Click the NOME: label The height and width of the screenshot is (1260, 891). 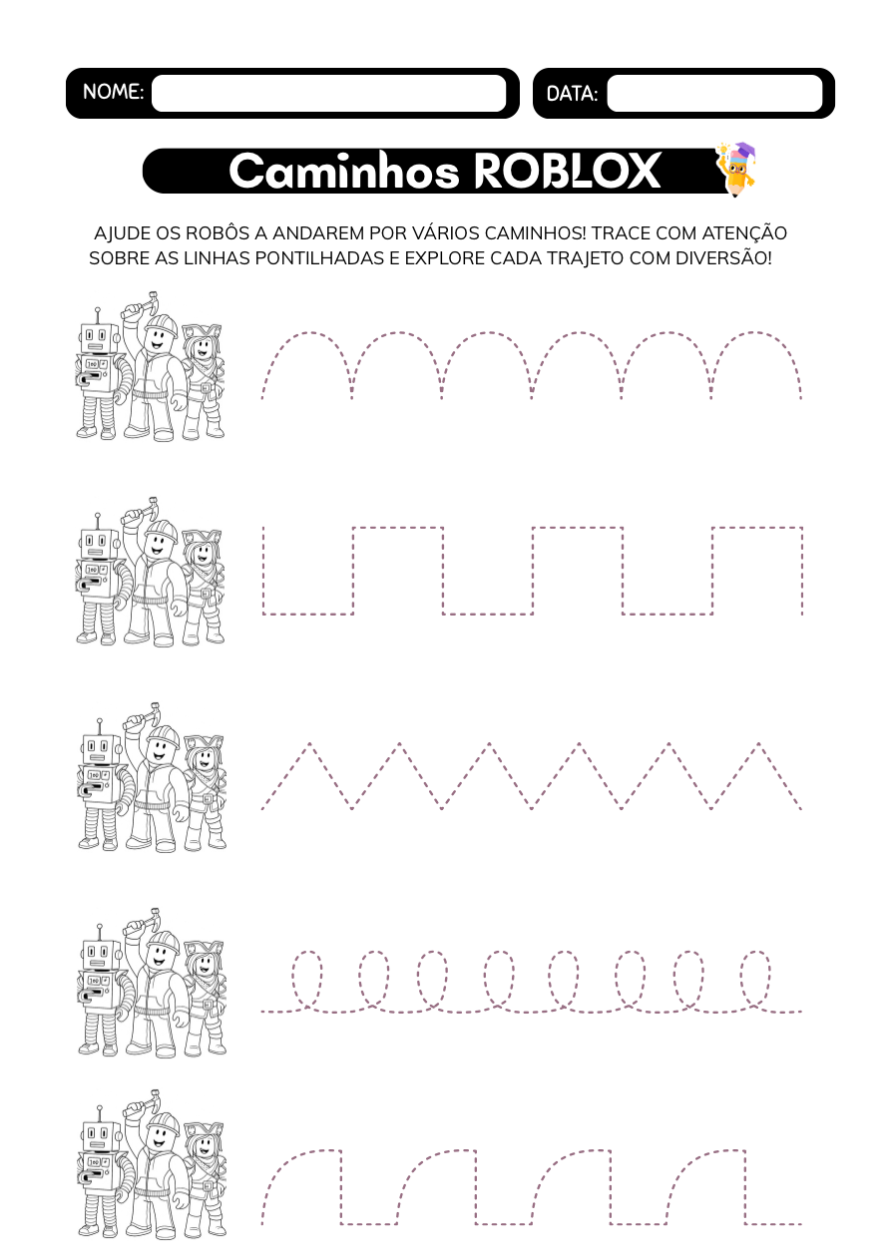(x=113, y=91)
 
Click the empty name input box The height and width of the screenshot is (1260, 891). (x=328, y=93)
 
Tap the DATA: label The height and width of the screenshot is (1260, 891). (x=572, y=94)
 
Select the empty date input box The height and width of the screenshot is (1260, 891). (x=714, y=93)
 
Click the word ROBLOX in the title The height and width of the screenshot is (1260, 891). (x=567, y=171)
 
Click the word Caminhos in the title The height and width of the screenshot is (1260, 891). (x=344, y=171)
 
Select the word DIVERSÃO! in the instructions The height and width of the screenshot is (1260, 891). (x=722, y=258)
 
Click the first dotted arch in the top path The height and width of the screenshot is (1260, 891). (x=307, y=333)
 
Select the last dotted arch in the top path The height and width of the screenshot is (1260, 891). (x=755, y=333)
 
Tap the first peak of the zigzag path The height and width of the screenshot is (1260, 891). (x=309, y=744)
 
